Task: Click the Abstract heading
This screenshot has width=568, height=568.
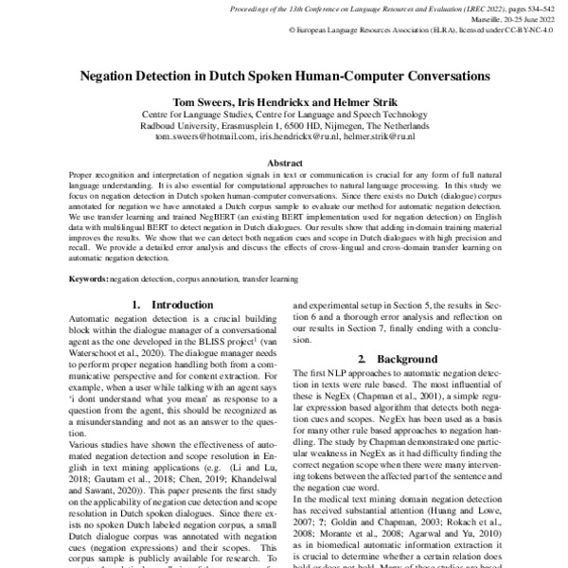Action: tap(284, 163)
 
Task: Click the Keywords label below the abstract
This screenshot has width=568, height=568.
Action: tap(90, 280)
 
